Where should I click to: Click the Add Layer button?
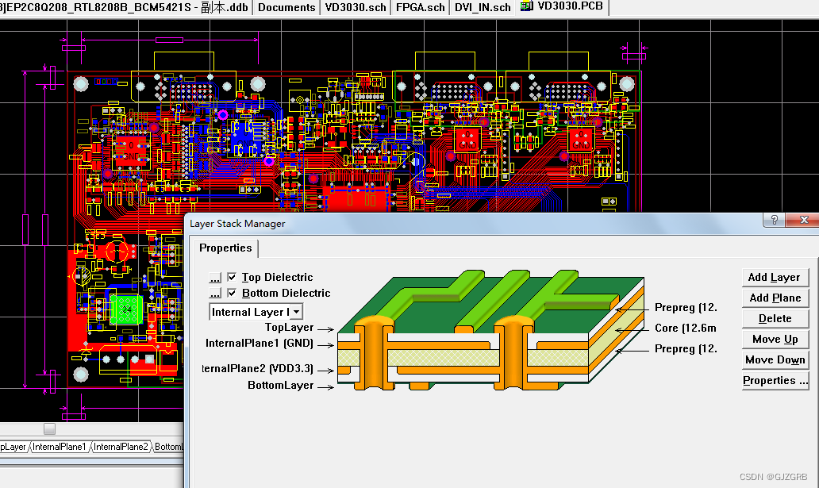[x=774, y=277]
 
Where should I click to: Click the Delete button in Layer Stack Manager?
[x=774, y=318]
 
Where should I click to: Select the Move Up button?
[x=774, y=339]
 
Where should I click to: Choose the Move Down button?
[x=774, y=359]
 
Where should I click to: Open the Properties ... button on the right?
[x=774, y=380]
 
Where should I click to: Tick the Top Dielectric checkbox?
[x=232, y=277]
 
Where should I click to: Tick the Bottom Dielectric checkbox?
[x=232, y=293]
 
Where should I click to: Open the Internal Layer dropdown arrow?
[x=297, y=312]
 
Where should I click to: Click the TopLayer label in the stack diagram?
[x=289, y=327]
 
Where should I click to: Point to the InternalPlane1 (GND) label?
[x=259, y=344]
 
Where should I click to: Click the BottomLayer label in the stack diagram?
[x=280, y=386]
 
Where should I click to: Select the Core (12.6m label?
[x=686, y=328]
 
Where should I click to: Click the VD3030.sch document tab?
[x=356, y=7]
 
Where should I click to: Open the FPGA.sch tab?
[x=421, y=7]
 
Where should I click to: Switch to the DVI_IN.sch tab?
[x=483, y=7]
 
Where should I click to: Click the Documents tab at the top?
[x=286, y=7]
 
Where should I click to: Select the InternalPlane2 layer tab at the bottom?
[x=121, y=447]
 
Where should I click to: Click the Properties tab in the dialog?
[x=225, y=248]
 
